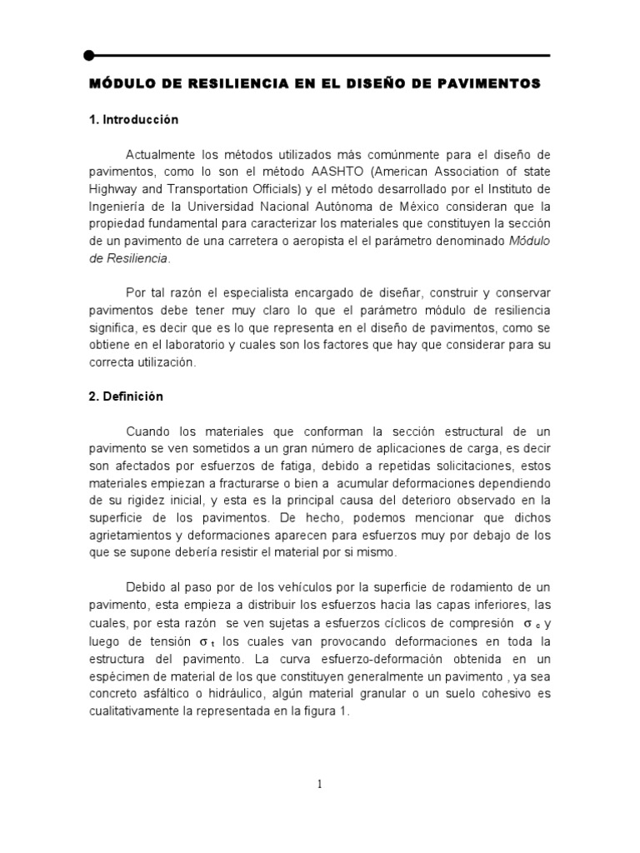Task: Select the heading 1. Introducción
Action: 133,120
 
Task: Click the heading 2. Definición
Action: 126,397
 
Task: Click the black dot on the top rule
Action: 88,55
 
